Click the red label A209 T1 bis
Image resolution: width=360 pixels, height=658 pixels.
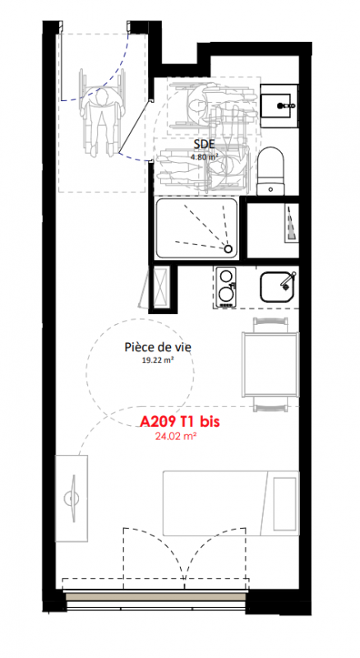pos(179,421)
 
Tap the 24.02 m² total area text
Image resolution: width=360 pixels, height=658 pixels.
pos(176,436)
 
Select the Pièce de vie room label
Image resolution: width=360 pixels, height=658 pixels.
pos(158,347)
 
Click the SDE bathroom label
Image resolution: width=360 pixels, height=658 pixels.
pos(205,145)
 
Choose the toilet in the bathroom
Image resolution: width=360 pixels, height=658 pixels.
pos(271,171)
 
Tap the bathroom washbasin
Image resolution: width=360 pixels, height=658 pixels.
pos(279,106)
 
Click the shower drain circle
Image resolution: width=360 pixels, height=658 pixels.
pos(228,249)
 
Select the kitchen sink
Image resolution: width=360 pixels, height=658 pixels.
pos(277,287)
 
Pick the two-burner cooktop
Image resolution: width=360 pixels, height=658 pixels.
pos(226,287)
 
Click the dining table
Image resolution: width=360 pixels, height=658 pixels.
pos(270,364)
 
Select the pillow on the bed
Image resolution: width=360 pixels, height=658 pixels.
pos(285,503)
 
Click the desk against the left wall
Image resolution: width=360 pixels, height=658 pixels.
pos(72,498)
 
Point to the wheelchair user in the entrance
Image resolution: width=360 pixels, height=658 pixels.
pos(103,118)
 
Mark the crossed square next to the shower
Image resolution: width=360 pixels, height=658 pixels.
pos(160,287)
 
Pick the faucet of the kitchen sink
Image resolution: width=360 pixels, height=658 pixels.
pos(288,280)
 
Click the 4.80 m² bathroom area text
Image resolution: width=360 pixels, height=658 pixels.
pos(205,157)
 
